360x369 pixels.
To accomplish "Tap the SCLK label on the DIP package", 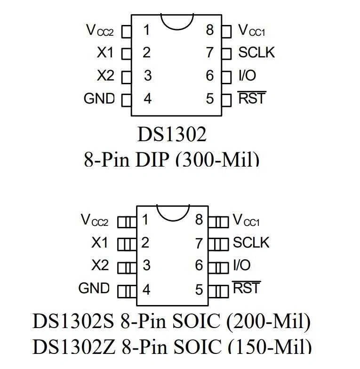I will click(x=256, y=52).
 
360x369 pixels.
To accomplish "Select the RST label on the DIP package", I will click(x=252, y=99).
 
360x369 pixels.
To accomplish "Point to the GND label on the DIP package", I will click(x=99, y=98).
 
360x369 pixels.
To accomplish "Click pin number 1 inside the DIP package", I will click(x=146, y=31).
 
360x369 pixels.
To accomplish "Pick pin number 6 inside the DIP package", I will click(x=209, y=76).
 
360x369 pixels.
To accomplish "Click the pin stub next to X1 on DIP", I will click(x=126, y=53).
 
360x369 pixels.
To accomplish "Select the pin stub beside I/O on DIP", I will click(x=227, y=76).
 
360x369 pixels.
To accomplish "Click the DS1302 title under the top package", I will click(x=172, y=135).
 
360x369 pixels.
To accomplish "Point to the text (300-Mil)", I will click(x=217, y=160).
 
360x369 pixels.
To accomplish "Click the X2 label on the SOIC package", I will click(x=100, y=265).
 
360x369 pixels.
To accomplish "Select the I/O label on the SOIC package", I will click(x=242, y=265).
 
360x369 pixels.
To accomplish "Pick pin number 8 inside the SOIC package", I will click(x=199, y=220).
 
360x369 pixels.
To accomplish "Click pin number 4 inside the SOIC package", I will click(x=146, y=289).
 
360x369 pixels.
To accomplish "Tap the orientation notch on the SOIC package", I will click(x=172, y=212).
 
